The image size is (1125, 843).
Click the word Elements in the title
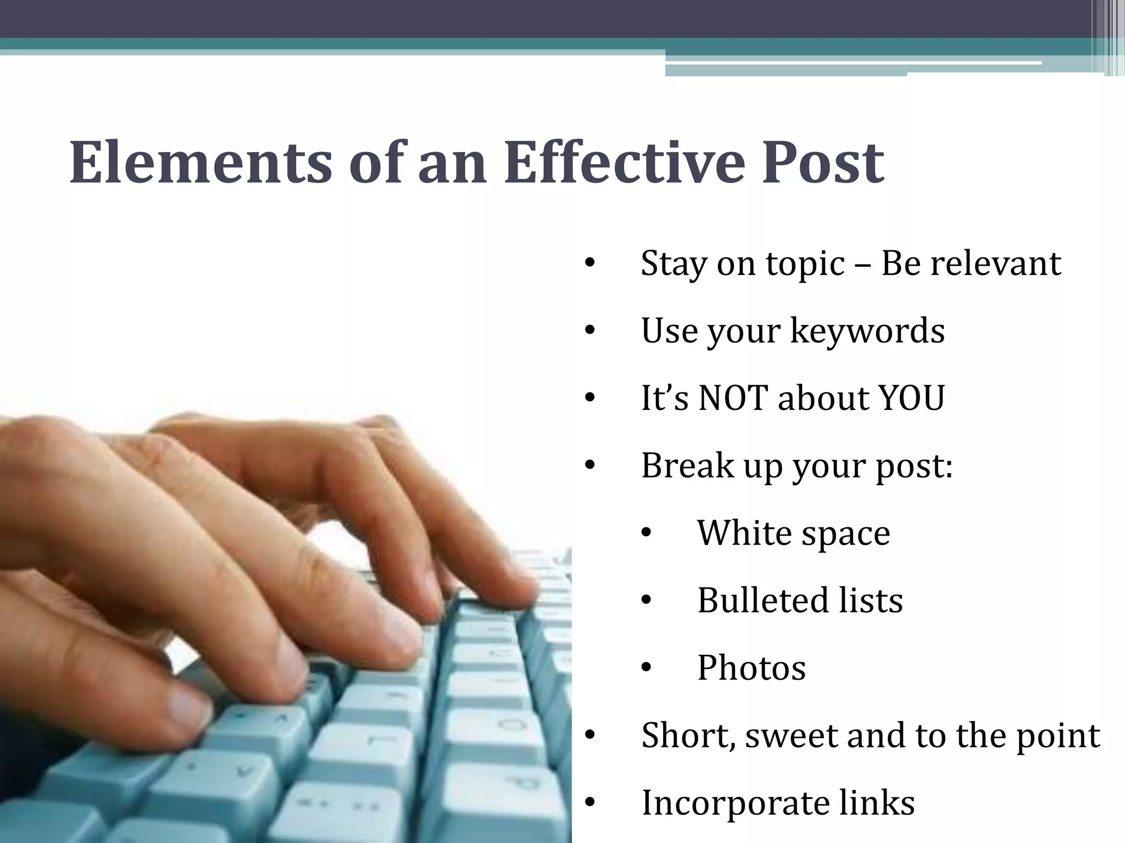[201, 163]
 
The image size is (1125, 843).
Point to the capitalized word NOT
[732, 398]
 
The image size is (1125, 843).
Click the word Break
[686, 465]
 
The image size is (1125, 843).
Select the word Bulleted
[754, 600]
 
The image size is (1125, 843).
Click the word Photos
[751, 667]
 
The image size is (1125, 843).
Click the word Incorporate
[735, 802]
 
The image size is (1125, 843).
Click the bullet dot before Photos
[646, 668]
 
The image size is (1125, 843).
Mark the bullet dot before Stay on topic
[590, 263]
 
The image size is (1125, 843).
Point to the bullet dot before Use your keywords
[590, 331]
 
